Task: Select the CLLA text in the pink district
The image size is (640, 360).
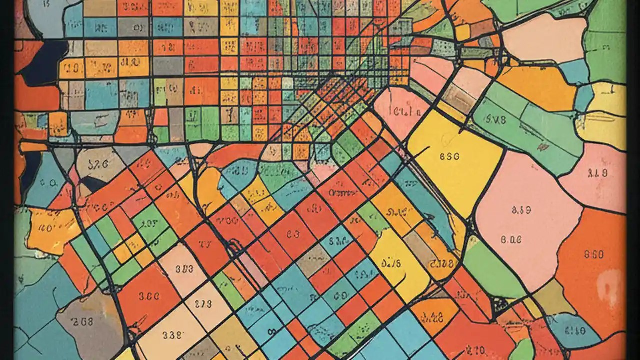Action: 403,111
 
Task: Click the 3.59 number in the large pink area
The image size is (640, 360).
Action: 521,210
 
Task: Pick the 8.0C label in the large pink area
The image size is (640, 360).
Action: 511,239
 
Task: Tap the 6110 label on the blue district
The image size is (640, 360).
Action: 575,330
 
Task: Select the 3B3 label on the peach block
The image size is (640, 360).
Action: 184,268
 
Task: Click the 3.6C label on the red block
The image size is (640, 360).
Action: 149,295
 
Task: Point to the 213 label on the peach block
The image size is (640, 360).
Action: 203,303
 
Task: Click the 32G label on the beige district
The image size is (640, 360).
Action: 98,165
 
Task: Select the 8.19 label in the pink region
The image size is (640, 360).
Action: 597,174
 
